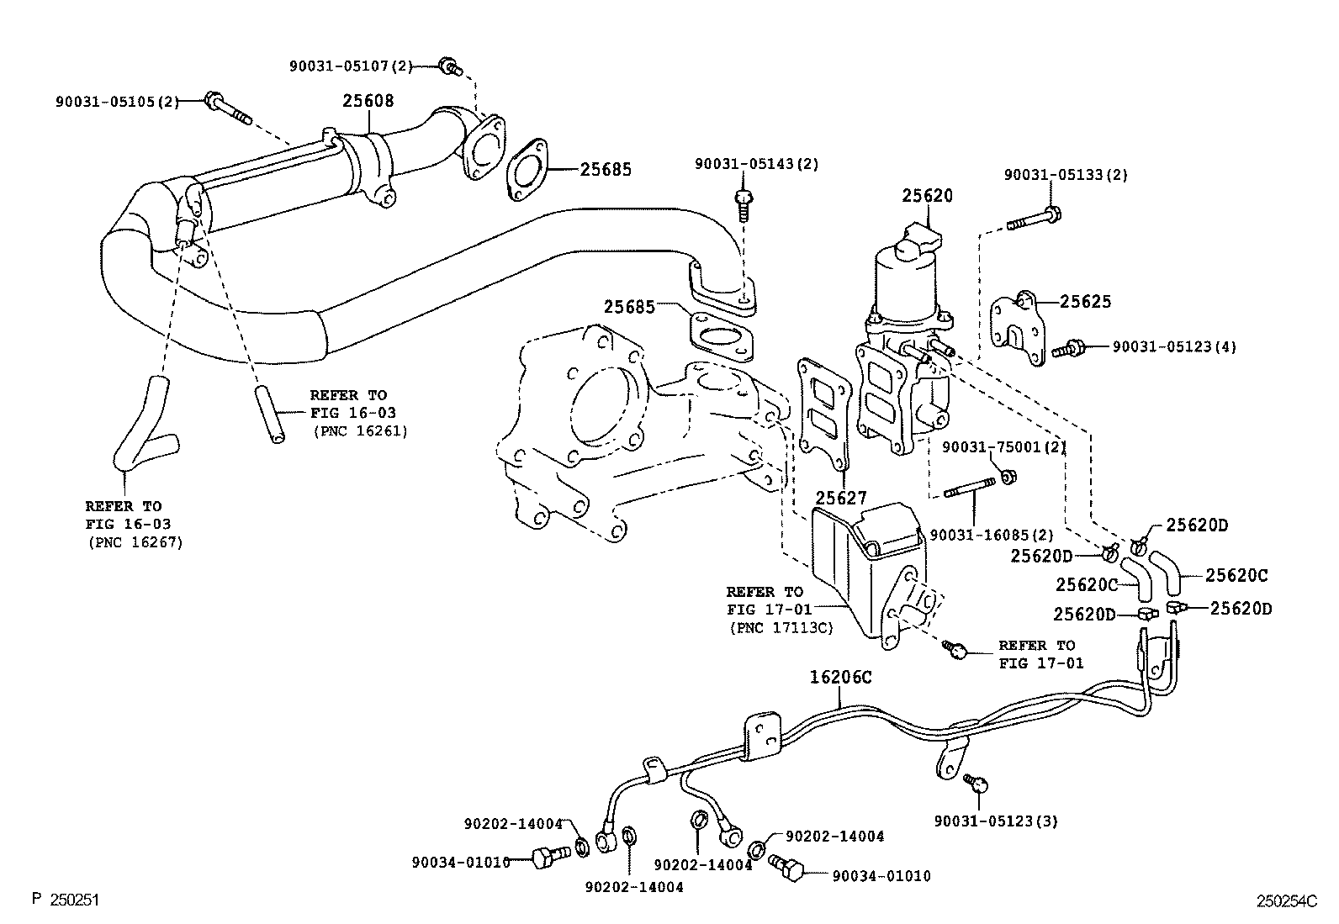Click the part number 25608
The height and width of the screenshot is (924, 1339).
368,101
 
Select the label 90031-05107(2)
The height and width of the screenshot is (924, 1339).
352,65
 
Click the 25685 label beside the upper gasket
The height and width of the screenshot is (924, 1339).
606,169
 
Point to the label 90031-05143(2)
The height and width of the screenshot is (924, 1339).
756,164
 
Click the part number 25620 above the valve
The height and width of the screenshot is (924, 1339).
928,196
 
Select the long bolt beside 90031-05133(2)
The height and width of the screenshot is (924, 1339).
1030,220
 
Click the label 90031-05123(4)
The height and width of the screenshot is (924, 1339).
1174,346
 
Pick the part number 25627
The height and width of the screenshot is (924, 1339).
841,499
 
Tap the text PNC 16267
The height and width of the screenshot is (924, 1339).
135,542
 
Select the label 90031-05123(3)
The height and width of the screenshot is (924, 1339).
996,821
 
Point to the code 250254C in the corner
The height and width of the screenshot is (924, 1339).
1286,901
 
